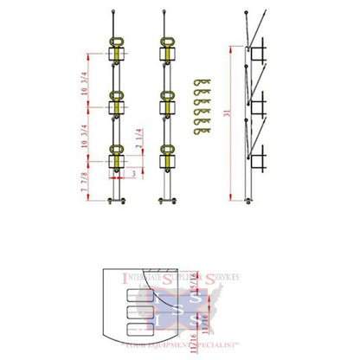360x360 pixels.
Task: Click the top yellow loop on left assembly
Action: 113,44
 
